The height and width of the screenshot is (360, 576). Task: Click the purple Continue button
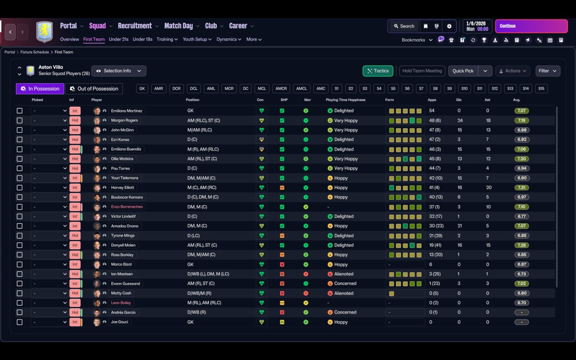(x=531, y=26)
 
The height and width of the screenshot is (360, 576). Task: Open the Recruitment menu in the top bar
(x=135, y=26)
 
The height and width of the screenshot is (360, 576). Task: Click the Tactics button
(x=378, y=71)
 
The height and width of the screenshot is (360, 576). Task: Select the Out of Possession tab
(x=94, y=89)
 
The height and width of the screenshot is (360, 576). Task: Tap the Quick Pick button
(x=463, y=71)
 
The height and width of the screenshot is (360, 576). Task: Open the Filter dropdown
(x=548, y=71)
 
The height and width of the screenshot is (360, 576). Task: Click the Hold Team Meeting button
(x=422, y=71)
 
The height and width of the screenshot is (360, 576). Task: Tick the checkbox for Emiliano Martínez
(x=19, y=111)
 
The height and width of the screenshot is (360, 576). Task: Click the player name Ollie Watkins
(x=122, y=159)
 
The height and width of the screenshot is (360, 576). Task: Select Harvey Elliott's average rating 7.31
(x=522, y=188)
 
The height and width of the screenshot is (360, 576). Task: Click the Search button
(x=404, y=26)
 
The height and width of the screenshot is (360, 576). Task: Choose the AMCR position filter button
(x=281, y=89)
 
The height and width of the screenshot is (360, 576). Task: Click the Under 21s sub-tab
(x=118, y=39)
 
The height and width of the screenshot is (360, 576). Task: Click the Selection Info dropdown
(x=119, y=71)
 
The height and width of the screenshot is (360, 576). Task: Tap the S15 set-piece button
(x=541, y=89)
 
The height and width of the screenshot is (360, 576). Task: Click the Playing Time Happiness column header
(x=346, y=100)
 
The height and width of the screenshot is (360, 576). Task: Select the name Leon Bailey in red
(x=121, y=303)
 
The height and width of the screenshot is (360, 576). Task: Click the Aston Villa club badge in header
(x=44, y=31)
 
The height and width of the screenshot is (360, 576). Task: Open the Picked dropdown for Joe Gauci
(x=49, y=322)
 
